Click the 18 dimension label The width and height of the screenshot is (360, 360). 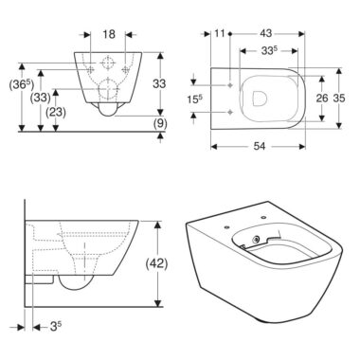point(109,34)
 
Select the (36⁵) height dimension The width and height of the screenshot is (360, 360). point(22,85)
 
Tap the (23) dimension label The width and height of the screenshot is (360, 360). point(56,112)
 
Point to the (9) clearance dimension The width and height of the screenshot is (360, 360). point(160,123)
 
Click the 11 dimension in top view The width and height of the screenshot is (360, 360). point(220,33)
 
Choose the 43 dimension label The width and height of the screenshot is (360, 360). point(265,33)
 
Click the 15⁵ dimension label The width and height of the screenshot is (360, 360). point(195,99)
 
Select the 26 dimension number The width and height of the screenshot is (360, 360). point(322,99)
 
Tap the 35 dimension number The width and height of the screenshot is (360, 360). point(339,99)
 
